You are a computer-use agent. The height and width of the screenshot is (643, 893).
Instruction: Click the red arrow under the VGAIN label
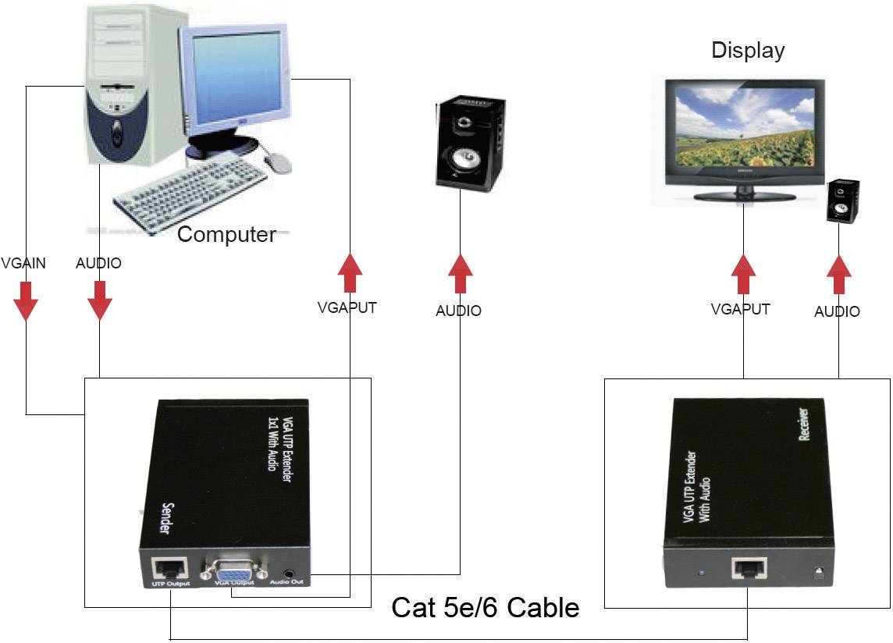(26, 300)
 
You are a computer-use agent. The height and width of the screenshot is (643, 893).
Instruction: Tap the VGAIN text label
(23, 263)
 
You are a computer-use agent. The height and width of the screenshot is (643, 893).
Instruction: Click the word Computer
(226, 234)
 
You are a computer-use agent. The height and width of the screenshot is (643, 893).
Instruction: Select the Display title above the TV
(747, 51)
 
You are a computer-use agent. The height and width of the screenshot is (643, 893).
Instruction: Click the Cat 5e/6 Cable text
(485, 607)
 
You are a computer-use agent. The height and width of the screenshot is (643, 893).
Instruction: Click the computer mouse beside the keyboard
(277, 163)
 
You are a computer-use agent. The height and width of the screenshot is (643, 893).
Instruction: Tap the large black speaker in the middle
(469, 144)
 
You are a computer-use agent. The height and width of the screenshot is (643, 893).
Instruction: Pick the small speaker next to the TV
(843, 201)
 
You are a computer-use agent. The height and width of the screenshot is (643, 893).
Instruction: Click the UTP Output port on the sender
(171, 566)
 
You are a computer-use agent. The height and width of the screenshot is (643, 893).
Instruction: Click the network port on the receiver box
(749, 568)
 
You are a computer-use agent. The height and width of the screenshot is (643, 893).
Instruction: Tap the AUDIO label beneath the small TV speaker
(837, 311)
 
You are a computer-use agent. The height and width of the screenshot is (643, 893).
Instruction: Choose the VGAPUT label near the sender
(347, 307)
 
